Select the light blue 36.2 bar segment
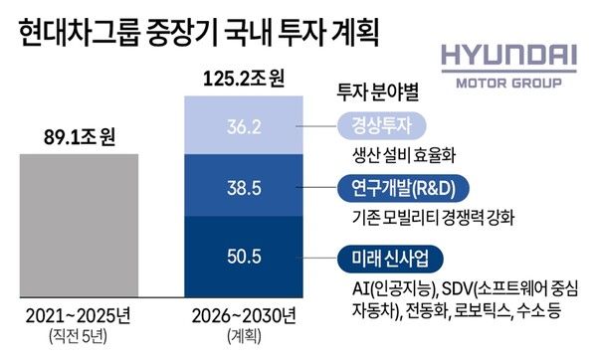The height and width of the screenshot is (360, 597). (x=244, y=128)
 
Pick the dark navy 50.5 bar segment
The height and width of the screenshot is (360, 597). (x=244, y=257)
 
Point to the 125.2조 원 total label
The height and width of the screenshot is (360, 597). (x=244, y=76)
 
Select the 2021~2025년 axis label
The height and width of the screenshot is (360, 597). (x=83, y=319)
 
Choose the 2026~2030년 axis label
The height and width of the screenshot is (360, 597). (x=244, y=319)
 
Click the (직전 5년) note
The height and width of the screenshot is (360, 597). (x=83, y=340)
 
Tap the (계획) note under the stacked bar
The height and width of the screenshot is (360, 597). (x=244, y=340)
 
